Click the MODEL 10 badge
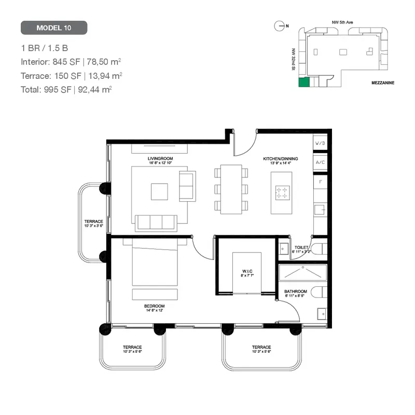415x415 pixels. pos(54,27)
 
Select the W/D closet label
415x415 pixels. pos(320,143)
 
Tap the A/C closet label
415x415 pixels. pos(320,162)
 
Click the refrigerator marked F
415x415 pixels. pos(320,183)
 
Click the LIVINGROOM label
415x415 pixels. pos(160,158)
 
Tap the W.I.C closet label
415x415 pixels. pos(246,273)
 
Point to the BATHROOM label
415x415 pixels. pos(295,292)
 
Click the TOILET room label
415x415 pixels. pos(301,248)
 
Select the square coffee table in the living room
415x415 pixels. pos(159,191)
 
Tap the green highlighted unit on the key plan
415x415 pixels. pos(303,81)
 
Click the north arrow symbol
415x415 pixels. pos(281,24)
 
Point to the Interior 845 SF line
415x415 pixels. pos(71,62)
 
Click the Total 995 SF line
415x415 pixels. pos(66,89)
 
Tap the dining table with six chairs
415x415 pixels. pos(231,189)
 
